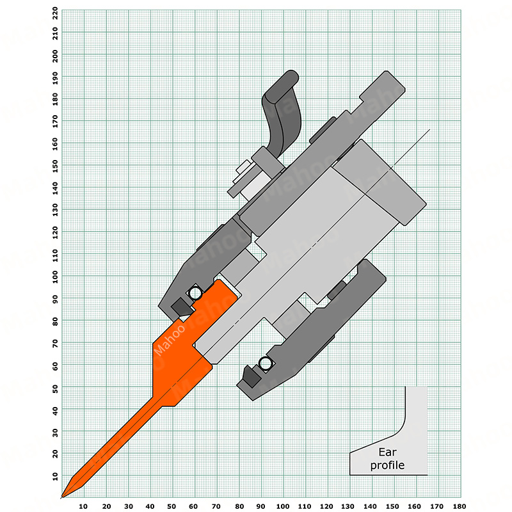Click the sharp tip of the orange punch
point(62,497)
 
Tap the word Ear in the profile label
point(387,452)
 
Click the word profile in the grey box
point(387,465)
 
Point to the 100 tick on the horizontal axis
point(283,506)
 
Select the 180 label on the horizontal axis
point(460,506)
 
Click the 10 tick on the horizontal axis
point(84,506)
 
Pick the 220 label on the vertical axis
point(55,13)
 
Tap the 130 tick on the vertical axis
point(55,210)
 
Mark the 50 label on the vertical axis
point(55,388)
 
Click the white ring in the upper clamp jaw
point(196,293)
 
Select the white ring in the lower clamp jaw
point(266,363)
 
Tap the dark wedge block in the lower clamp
point(252,376)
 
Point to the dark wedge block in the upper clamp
point(180,307)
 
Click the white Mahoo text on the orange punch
point(169,340)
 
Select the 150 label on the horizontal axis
point(392,506)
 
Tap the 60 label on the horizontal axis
point(193,506)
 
